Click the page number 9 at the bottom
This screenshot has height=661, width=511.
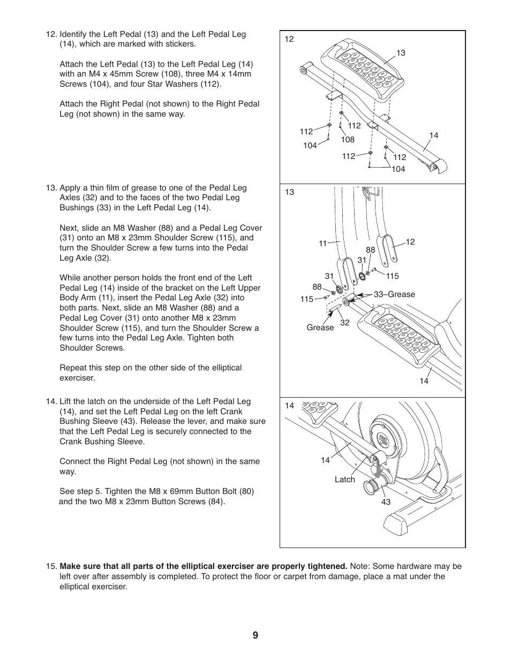[255, 635]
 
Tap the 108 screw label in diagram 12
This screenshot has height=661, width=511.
[348, 140]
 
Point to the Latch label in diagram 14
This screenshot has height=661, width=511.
[344, 480]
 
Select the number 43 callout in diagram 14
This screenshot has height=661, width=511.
[386, 502]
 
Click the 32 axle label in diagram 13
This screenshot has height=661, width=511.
[345, 323]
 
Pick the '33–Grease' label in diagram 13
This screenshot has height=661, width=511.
[394, 294]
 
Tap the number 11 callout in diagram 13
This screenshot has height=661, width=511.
[322, 244]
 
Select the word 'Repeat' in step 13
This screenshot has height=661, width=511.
[73, 368]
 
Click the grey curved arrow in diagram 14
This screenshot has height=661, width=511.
[379, 470]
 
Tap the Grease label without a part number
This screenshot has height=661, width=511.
[320, 328]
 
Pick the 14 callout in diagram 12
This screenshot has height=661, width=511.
[433, 135]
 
